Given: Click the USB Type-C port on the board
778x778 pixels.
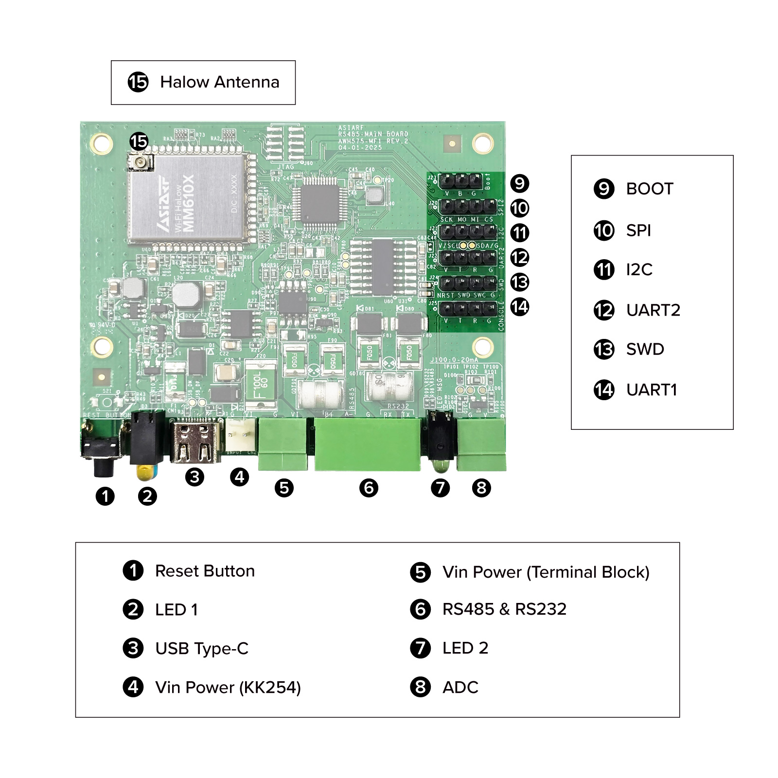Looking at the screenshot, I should tap(195, 442).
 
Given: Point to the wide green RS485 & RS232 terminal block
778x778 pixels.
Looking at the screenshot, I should tap(367, 444).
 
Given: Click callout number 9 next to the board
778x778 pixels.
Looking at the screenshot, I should tap(519, 183).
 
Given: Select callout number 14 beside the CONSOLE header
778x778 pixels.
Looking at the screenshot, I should tap(519, 307).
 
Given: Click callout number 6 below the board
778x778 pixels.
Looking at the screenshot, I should tap(369, 488).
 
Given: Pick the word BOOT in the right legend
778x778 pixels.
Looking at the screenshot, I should tap(649, 189).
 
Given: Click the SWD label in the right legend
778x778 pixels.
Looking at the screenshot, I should tap(645, 349).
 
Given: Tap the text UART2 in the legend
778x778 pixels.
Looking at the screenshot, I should tap(653, 310).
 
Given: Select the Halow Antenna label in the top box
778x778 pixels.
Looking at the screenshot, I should tap(219, 82).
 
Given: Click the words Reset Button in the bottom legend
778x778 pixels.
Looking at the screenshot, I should tap(205, 571).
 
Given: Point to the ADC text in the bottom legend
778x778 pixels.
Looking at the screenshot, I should tap(460, 688).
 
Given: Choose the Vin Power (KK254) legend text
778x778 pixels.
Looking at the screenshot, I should tap(228, 688).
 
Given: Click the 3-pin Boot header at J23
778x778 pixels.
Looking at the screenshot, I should tap(460, 182).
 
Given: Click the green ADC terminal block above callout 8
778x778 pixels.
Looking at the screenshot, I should tap(481, 443).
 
